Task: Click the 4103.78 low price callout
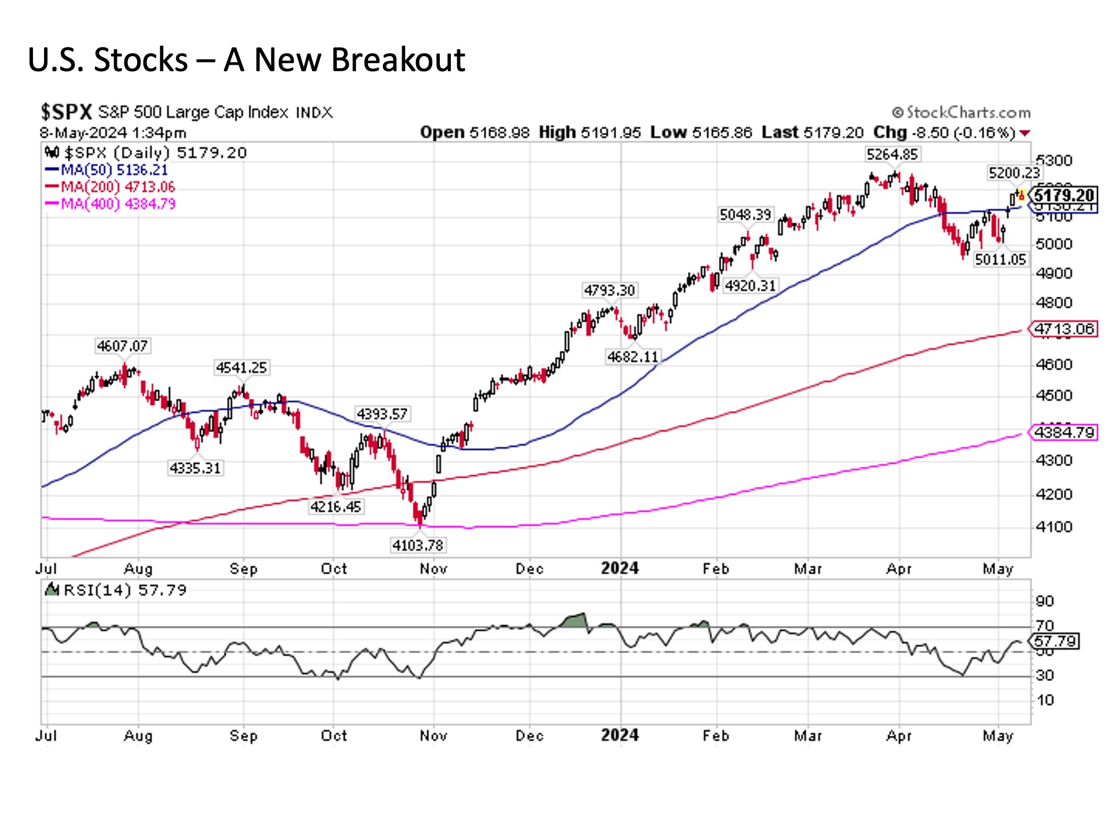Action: point(418,545)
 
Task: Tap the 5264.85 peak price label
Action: point(892,154)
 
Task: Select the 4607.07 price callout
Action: point(122,346)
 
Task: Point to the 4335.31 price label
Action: point(196,468)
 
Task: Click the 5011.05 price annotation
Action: point(1000,259)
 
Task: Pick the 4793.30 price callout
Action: point(609,290)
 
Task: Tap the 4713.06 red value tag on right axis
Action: point(1064,329)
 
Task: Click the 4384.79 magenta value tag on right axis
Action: point(1064,432)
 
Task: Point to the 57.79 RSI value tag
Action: point(1055,641)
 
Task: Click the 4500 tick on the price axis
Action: point(1054,396)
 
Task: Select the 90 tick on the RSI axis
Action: point(1044,601)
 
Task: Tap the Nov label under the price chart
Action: point(433,569)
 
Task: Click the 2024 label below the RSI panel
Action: point(620,735)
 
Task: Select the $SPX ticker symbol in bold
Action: point(66,111)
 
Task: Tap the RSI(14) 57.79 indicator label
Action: point(125,590)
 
